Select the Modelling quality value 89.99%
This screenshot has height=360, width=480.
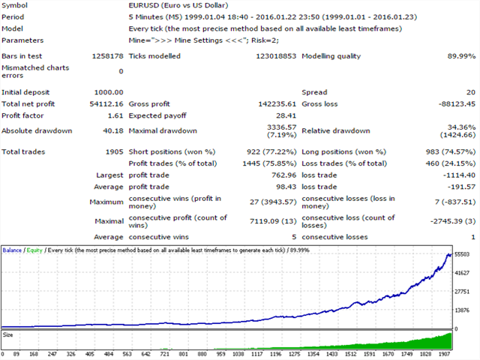coord(460,56)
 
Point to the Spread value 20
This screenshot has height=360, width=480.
coord(469,92)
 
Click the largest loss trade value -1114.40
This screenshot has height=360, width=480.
coord(457,175)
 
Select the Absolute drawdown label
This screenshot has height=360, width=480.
coord(37,130)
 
